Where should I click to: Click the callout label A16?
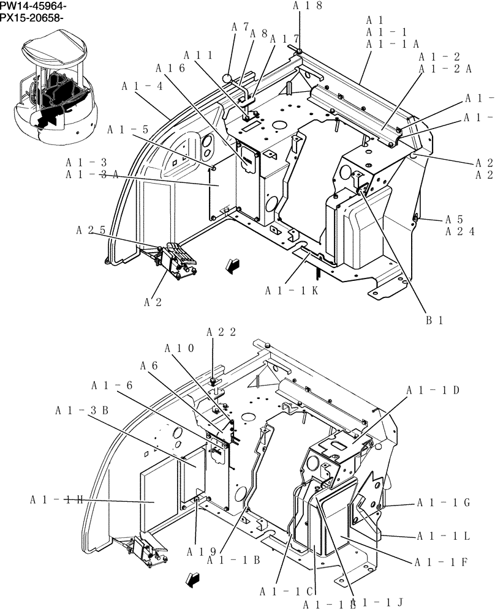click(x=170, y=68)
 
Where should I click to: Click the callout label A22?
click(x=221, y=332)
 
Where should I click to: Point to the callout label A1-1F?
click(x=441, y=562)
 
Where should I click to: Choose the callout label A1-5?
click(x=128, y=130)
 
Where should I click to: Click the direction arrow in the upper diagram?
click(x=232, y=264)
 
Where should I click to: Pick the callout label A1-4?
click(x=142, y=86)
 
